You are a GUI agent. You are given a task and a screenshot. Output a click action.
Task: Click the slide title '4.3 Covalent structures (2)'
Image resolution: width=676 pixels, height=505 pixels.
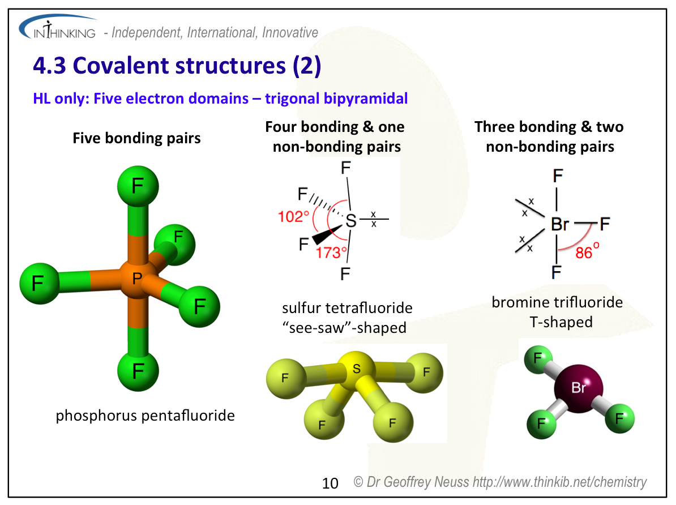(177, 66)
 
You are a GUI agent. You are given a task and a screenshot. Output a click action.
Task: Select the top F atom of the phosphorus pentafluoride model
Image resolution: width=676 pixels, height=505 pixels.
(138, 186)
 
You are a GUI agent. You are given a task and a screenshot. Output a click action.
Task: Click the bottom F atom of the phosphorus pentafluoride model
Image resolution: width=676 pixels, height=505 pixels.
(138, 371)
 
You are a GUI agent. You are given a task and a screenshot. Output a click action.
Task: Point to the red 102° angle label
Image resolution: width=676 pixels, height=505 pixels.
(294, 216)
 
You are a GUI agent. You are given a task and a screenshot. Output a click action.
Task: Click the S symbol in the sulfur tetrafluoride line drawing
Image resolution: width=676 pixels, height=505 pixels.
(351, 221)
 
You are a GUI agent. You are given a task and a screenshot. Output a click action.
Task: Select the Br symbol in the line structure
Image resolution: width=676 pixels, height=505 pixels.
(559, 225)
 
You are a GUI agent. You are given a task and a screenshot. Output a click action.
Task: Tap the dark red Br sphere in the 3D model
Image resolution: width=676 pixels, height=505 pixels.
(578, 388)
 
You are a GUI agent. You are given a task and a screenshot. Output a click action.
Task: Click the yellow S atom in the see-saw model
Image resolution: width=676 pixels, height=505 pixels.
(356, 369)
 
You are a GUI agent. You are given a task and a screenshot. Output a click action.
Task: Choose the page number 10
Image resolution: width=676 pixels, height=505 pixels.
(330, 483)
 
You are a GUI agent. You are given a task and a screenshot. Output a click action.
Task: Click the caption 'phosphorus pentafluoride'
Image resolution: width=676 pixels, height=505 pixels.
(145, 416)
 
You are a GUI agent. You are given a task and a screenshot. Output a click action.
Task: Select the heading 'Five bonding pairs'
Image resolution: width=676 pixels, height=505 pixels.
(136, 138)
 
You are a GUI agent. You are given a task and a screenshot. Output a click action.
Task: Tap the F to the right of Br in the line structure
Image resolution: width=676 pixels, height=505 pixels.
(604, 225)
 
